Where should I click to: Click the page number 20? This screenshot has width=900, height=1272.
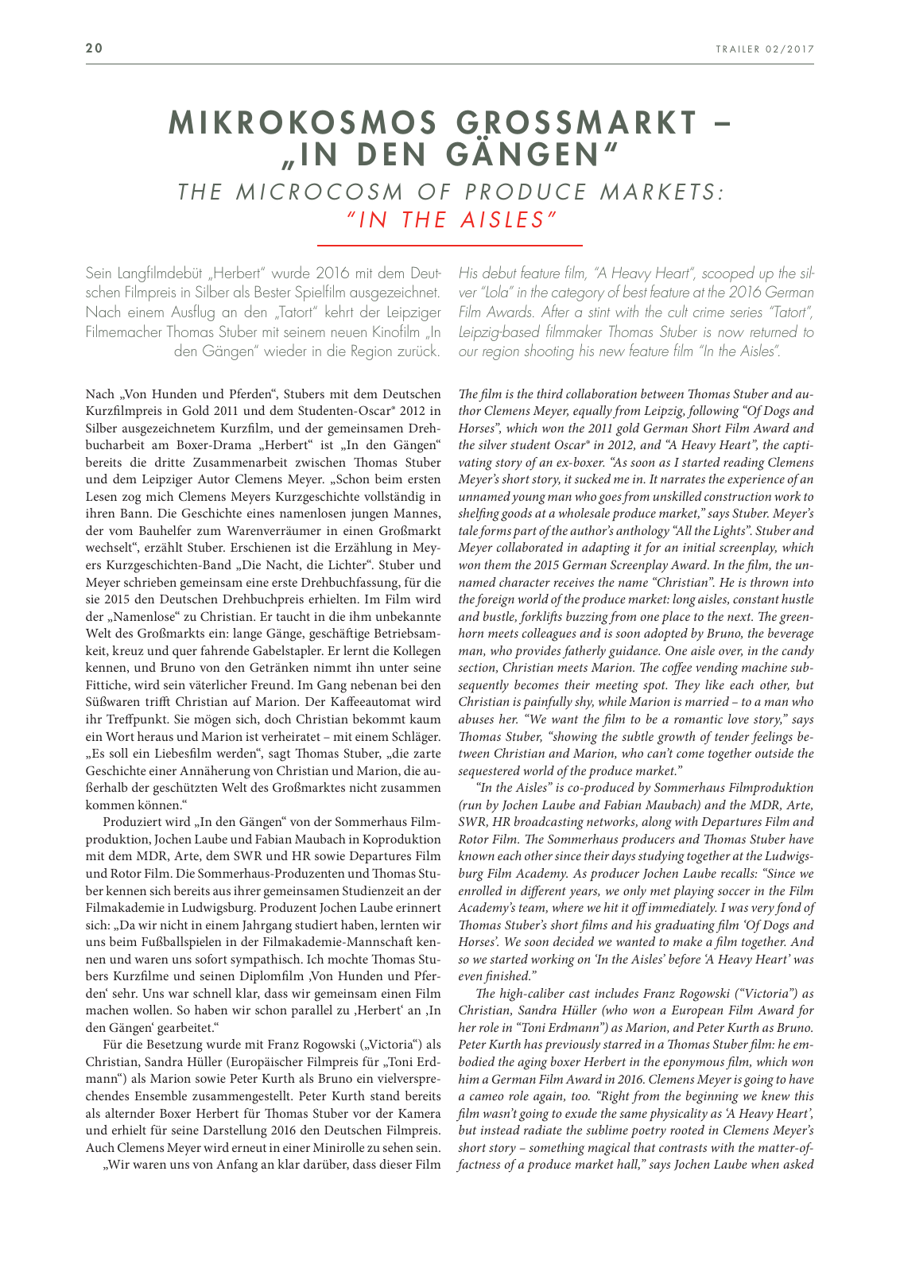click(x=95, y=48)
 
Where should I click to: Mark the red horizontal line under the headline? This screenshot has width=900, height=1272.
click(x=450, y=246)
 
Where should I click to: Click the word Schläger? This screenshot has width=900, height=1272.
click(x=413, y=736)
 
